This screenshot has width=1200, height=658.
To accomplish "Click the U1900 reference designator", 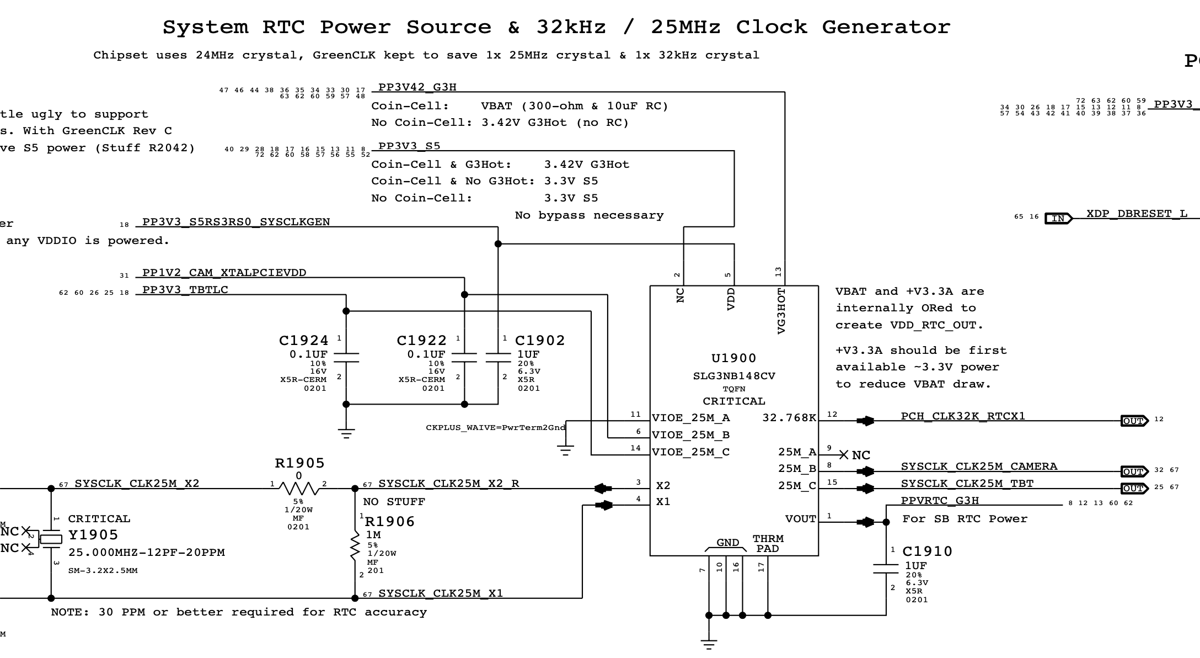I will coord(733,358).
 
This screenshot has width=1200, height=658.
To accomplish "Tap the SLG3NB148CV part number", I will coord(733,376).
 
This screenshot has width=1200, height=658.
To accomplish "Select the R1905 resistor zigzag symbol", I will coord(298,488).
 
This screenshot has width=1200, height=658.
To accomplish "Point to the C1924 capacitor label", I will coord(303,341).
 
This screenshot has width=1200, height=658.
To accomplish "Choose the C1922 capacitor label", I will coord(421,341).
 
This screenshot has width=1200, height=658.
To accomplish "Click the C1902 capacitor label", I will coord(540,341).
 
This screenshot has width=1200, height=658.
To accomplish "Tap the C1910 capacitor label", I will coord(927,551).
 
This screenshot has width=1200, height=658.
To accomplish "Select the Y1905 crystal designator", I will coord(93,535).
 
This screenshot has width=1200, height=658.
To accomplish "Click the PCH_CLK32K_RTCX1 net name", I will coord(963,416).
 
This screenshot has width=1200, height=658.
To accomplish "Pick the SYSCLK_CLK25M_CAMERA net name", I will coord(979,466).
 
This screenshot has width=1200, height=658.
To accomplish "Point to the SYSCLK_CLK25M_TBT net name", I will coord(967,484).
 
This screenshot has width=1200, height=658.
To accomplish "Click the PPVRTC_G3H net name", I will coord(940,501).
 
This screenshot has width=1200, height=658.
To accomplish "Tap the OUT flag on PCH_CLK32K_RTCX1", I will coord(1134,421).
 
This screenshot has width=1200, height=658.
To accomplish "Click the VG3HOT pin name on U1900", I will coord(781,311).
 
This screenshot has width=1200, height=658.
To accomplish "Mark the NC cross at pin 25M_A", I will coord(843,455).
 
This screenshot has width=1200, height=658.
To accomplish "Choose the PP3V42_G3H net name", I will coord(417,87).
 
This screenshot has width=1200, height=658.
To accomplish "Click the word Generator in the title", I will coord(886,27).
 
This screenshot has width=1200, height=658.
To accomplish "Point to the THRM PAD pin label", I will coord(768,544).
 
